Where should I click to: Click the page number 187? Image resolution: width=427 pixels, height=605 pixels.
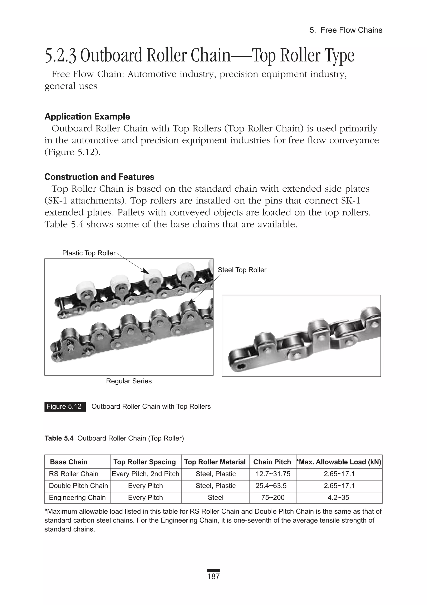click(213, 576)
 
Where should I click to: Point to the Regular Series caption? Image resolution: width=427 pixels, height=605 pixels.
click(129, 381)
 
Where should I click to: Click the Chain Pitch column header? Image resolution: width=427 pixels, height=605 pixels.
click(272, 462)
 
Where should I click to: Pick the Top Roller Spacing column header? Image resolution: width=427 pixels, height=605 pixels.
click(144, 462)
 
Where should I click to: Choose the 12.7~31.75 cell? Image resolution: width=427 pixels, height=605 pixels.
click(273, 474)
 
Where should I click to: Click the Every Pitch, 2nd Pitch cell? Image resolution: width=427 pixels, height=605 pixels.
click(146, 474)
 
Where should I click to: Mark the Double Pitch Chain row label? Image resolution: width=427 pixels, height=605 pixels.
click(78, 486)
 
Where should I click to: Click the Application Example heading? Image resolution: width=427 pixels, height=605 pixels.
click(87, 117)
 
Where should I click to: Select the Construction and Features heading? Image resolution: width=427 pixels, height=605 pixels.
click(99, 177)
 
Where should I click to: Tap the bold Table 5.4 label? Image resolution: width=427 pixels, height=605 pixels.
click(59, 438)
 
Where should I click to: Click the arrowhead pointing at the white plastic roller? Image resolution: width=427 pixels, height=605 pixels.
click(145, 271)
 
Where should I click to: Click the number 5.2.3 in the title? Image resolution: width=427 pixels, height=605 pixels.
click(61, 56)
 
